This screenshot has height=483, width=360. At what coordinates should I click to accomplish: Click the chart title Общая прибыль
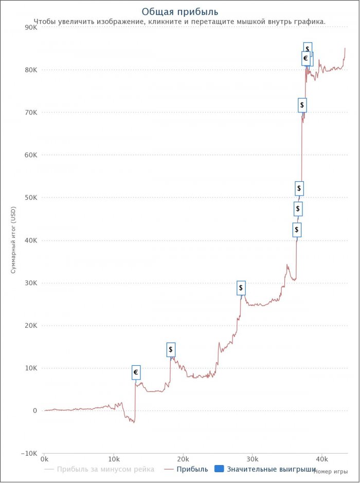pos(179,11)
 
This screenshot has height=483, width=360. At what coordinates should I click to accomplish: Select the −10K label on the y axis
pos(28,453)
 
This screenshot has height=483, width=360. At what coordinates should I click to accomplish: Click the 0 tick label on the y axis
pos(35,411)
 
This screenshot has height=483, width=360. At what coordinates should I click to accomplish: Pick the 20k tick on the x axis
pos(183,458)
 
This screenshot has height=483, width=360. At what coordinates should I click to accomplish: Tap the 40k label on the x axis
pos(321,458)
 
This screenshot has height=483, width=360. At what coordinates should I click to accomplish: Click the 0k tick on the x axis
pos(45,458)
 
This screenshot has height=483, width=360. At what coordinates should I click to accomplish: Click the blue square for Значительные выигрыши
pos(219,469)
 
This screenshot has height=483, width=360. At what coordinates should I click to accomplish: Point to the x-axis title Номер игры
pos(330,472)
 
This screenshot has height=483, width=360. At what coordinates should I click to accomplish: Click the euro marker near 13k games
pos(136,373)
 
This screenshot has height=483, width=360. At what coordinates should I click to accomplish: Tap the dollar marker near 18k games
pos(171,349)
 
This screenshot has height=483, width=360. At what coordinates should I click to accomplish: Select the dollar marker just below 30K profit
pos(241,288)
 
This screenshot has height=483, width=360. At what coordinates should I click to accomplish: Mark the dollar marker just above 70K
pos(302,105)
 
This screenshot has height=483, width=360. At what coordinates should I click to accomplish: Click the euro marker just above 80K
pos(305,59)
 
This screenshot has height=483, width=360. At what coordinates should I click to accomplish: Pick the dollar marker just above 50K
pos(299,188)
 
